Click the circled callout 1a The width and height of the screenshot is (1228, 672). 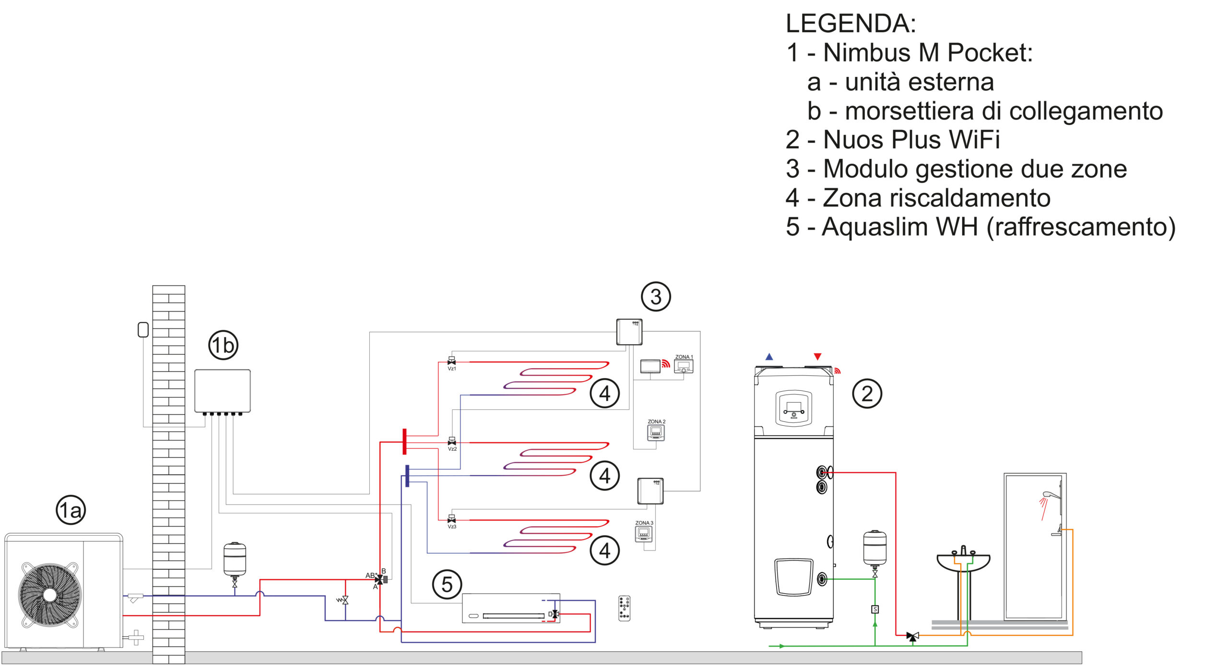click(x=71, y=510)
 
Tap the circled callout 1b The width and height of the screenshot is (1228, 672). click(x=223, y=345)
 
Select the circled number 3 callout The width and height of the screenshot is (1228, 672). click(x=656, y=297)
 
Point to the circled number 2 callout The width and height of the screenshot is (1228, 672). click(x=867, y=394)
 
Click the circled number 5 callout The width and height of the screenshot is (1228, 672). click(x=447, y=585)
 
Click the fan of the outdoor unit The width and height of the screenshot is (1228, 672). click(x=50, y=595)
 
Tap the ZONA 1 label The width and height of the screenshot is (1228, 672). click(x=684, y=357)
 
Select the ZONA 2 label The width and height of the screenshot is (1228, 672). click(x=657, y=421)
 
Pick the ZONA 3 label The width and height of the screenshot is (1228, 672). click(x=644, y=523)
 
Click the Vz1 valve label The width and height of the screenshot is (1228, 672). click(x=452, y=369)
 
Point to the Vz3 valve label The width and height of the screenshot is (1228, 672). click(x=452, y=527)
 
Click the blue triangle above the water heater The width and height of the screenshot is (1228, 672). click(x=769, y=357)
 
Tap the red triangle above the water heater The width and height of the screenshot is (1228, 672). click(x=818, y=357)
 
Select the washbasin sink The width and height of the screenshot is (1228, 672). click(x=963, y=562)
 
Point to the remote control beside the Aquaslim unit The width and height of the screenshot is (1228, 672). click(x=624, y=608)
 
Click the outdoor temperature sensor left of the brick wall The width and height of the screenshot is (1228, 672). click(x=143, y=330)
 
